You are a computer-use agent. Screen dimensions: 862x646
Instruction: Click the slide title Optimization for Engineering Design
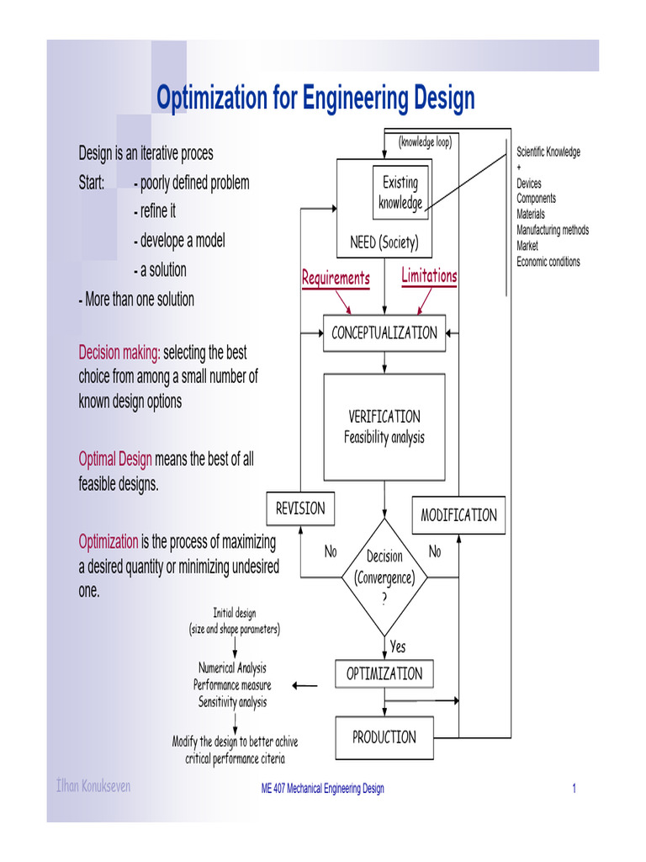pos(315,98)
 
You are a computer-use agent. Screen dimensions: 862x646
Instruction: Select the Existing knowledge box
pos(400,193)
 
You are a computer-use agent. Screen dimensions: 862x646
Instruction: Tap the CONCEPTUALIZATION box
pos(384,333)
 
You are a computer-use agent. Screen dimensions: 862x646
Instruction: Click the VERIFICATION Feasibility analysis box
pos(384,427)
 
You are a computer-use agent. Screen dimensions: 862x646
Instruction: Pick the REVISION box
pos(300,508)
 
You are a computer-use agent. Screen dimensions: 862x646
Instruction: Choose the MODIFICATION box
pos(458,515)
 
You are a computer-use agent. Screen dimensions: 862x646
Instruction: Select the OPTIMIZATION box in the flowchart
pos(384,674)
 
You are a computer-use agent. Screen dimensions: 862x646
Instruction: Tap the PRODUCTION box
pos(384,737)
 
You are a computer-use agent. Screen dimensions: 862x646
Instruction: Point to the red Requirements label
pos(336,279)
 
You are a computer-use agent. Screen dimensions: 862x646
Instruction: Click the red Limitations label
pos(429,276)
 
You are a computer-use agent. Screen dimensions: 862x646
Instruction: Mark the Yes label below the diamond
pos(398,646)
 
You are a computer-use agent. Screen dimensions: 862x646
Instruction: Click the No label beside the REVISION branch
pos(331,552)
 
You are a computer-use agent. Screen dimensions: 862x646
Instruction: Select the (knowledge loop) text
pos(425,142)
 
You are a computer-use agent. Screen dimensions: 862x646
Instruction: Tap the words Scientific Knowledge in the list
pos(548,152)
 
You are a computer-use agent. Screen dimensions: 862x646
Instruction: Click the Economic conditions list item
pos(548,262)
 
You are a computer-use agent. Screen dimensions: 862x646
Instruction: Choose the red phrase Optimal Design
pos(115,460)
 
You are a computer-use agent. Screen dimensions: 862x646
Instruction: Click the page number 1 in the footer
pos(574,789)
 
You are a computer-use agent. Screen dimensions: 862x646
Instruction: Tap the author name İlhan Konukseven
pos(93,787)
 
